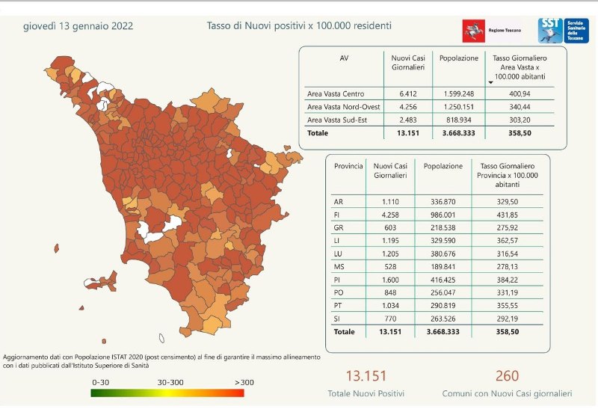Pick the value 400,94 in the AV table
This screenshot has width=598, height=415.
521,94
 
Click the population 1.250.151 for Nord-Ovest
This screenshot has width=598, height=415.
459,107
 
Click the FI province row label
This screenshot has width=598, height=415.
339,214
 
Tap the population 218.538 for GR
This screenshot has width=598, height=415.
443,226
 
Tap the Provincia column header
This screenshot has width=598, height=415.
348,166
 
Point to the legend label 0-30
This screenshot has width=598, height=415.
101,382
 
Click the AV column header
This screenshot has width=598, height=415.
344,58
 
